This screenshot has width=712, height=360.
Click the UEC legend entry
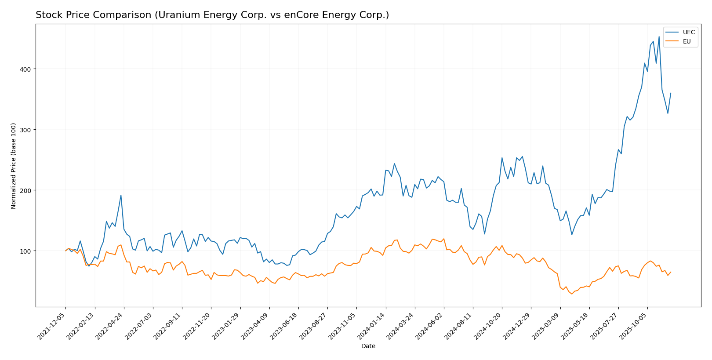pos(688,32)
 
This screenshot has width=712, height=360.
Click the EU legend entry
pos(687,42)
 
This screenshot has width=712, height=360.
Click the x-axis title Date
pos(368,346)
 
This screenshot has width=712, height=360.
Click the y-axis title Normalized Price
pos(14,166)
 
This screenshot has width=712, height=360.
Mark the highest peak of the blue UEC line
pos(658,36)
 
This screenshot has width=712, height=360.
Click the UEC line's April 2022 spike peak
pos(121,195)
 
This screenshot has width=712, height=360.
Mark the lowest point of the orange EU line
pos(572,294)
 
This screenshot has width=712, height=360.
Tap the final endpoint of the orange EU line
pos(671,272)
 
